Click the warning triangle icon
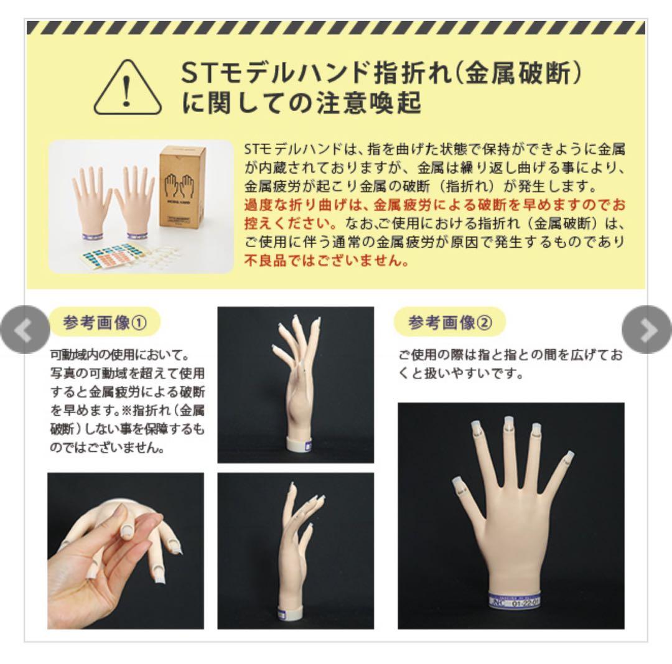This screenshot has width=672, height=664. [128, 89]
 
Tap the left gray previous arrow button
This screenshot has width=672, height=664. [24, 330]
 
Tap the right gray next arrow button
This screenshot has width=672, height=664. [647, 330]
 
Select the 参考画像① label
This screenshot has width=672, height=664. [105, 323]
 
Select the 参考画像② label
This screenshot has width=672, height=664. [450, 323]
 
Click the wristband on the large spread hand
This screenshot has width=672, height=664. [514, 602]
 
